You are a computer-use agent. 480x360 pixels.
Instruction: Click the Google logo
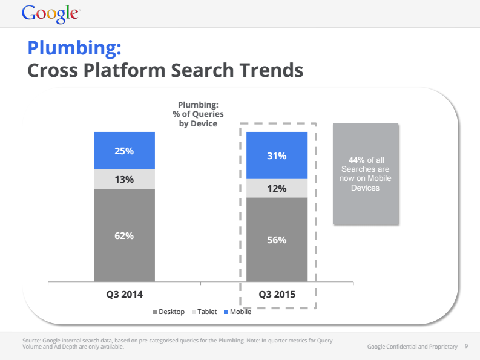[50, 13]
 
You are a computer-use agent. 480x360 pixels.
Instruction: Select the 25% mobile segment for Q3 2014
[124, 150]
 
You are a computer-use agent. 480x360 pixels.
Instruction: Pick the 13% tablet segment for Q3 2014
[124, 179]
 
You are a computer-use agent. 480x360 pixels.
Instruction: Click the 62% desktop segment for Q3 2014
[124, 235]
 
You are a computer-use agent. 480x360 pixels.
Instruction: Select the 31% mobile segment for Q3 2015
[277, 155]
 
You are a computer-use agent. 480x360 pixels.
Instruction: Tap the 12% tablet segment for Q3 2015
[277, 188]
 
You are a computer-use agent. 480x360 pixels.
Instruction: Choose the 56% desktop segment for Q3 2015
[277, 240]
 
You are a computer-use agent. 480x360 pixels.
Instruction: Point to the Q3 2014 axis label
[124, 295]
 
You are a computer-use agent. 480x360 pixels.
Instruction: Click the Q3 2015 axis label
[277, 295]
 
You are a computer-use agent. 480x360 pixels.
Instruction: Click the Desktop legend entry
[169, 312]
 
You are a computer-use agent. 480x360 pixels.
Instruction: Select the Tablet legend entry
[204, 312]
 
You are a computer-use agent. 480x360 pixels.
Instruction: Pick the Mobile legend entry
[237, 312]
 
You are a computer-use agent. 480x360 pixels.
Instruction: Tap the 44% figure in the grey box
[347, 160]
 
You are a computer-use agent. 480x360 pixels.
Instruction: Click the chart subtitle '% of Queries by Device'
[197, 119]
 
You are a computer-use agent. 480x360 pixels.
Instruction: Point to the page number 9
[466, 346]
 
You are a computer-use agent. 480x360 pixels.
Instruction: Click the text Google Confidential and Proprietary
[412, 346]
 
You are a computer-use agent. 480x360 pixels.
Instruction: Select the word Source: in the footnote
[31, 341]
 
